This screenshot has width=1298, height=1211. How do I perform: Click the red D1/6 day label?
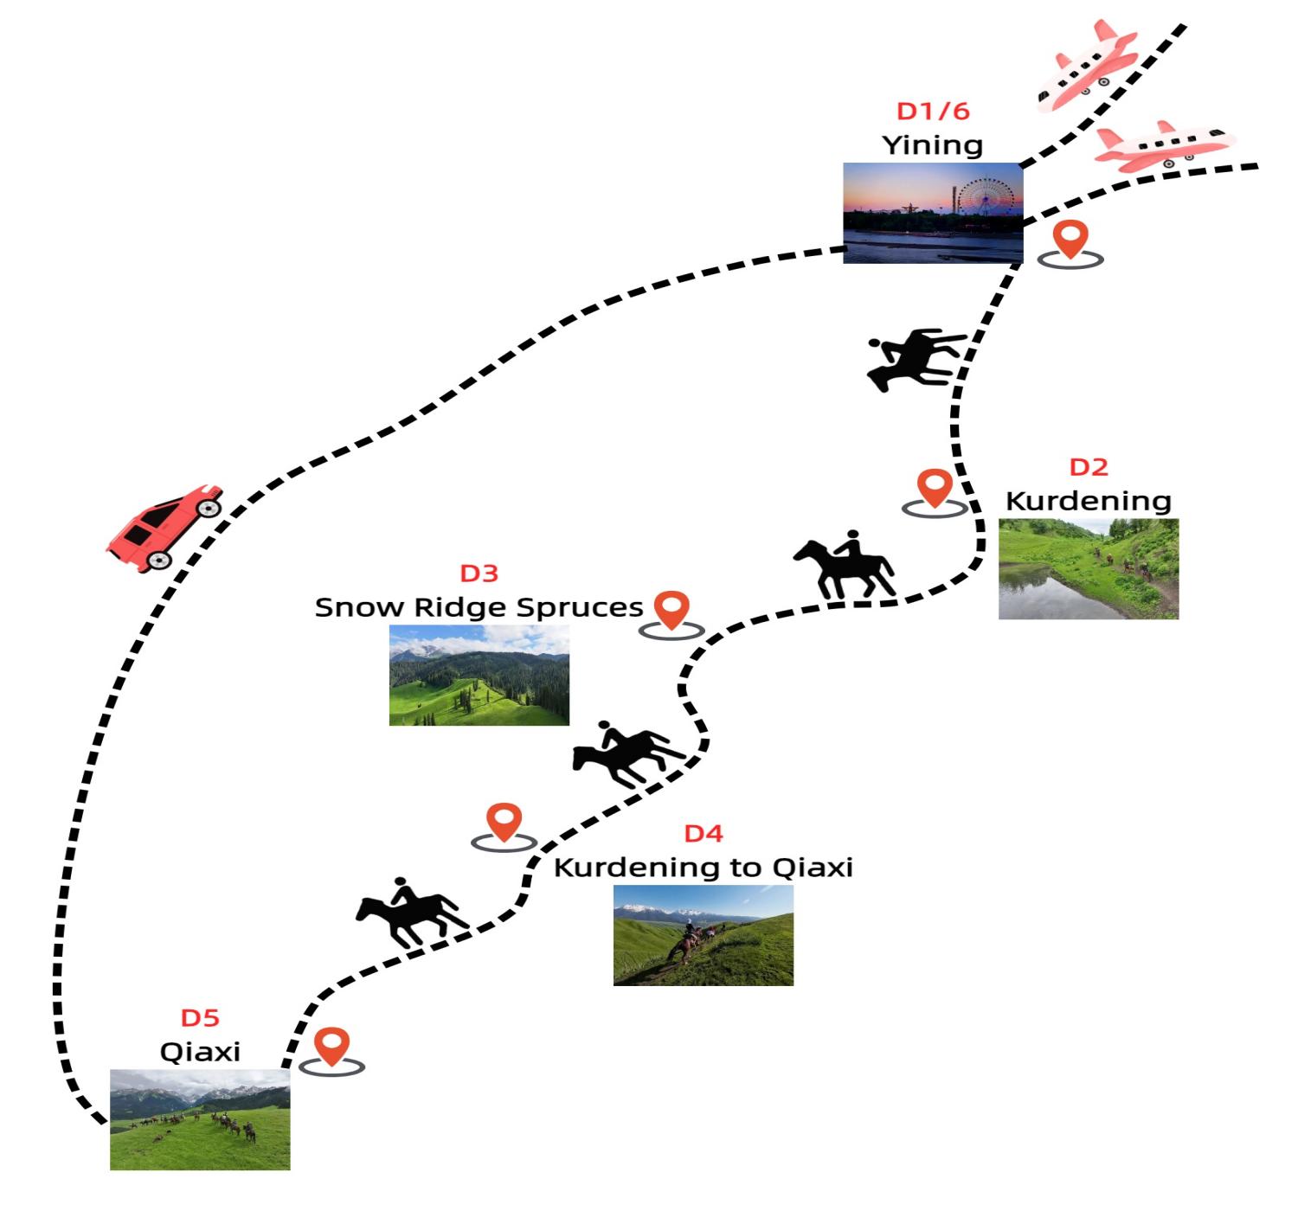click(933, 111)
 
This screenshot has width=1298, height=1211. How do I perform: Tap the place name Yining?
click(933, 144)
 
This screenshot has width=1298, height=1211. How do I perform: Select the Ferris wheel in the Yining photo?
click(984, 201)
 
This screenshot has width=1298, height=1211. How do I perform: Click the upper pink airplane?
click(1087, 67)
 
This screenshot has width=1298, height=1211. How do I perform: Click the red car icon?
click(165, 527)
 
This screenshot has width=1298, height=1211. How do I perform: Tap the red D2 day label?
click(1089, 467)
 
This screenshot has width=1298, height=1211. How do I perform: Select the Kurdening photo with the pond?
click(1089, 568)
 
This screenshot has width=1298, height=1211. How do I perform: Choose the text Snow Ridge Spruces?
click(479, 607)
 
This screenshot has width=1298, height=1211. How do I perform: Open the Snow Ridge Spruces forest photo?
click(479, 675)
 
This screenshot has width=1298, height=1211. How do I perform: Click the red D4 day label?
click(703, 833)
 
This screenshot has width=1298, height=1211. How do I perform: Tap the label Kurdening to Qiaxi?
click(703, 867)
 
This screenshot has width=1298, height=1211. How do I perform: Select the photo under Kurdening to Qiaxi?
click(703, 934)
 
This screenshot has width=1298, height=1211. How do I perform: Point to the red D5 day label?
click(200, 1018)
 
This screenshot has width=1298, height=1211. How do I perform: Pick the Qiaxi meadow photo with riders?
click(200, 1119)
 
